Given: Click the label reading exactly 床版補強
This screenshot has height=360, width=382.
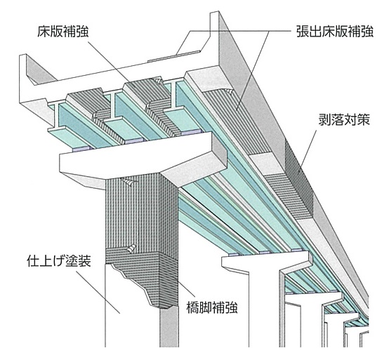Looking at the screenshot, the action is point(63,32).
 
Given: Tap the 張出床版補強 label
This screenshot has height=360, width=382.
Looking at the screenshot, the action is point(335,31).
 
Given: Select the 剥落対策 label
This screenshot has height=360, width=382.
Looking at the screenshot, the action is point(344,119).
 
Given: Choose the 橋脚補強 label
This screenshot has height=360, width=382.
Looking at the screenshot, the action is point(212,307).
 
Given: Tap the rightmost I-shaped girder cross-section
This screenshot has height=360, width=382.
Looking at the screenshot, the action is point(173,95).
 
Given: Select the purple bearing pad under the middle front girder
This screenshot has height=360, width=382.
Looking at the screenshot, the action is point(134,140).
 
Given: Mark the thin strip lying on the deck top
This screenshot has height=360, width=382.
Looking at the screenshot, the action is point(174,56).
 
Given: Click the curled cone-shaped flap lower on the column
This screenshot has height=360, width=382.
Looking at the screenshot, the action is point(131,248).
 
